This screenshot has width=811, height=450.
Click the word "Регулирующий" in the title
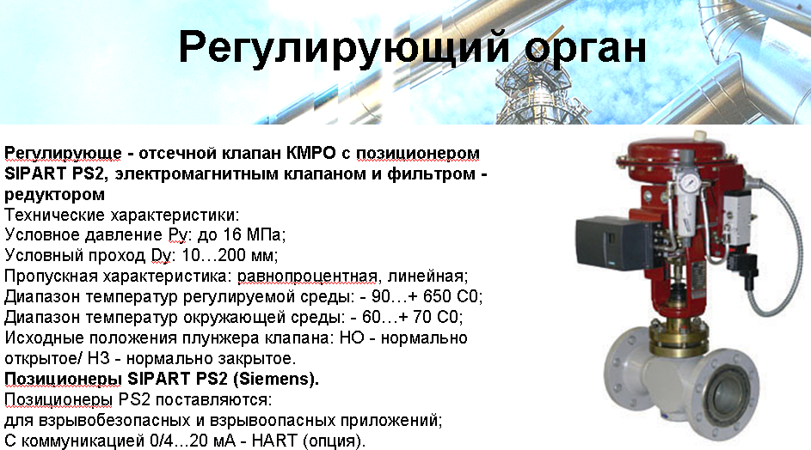[344, 47]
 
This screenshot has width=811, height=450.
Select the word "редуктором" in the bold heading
[54, 194]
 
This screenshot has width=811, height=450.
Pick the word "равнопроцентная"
[307, 277]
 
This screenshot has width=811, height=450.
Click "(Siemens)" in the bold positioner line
[276, 380]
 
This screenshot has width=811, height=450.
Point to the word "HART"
[274, 441]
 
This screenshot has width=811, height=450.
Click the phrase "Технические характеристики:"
[122, 215]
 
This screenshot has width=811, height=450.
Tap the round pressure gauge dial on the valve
[685, 181]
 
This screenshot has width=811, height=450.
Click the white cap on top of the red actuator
[700, 136]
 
